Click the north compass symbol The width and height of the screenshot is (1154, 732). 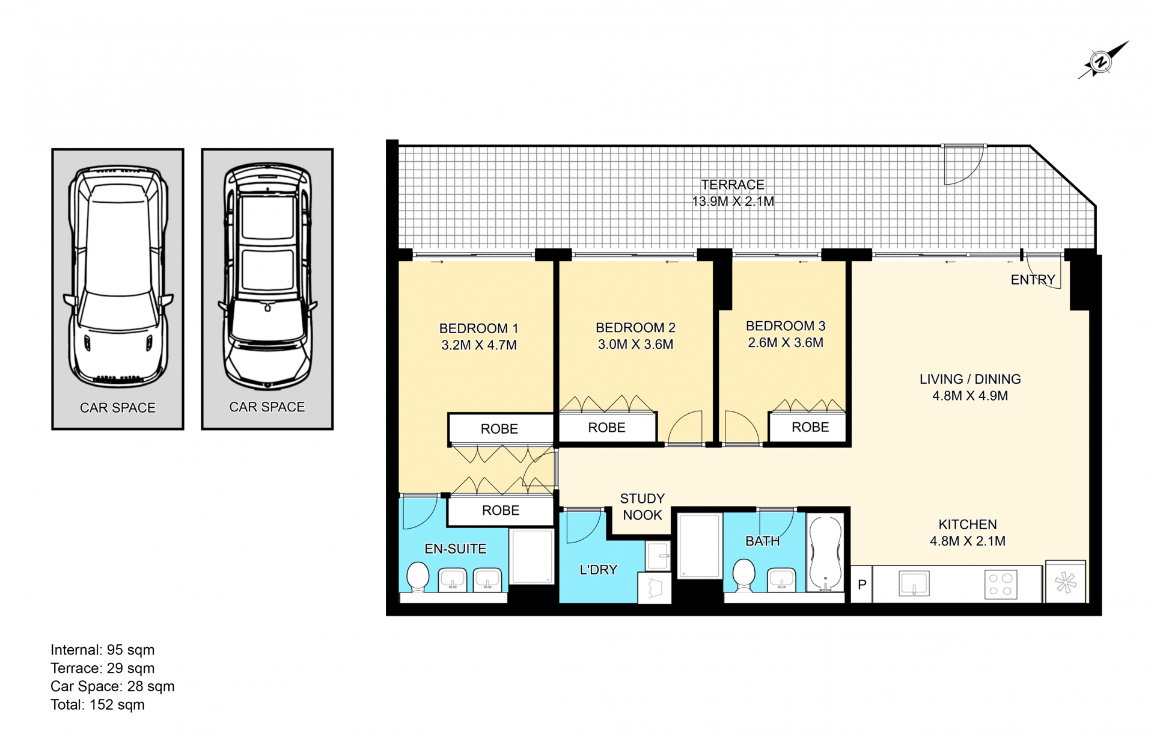click(x=1101, y=61)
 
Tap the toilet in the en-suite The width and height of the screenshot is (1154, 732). click(x=418, y=577)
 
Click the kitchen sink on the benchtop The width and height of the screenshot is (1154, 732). click(x=914, y=583)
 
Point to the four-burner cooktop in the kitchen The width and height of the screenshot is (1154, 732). click(x=1001, y=584)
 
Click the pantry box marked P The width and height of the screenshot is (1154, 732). click(x=862, y=584)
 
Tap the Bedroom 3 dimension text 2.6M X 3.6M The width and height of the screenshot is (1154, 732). click(x=786, y=343)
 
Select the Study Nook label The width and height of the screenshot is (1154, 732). click(x=643, y=506)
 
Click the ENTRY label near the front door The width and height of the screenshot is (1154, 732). click(x=1033, y=280)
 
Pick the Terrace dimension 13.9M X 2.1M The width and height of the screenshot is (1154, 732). click(x=733, y=201)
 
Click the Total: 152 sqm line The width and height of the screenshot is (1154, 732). click(x=97, y=704)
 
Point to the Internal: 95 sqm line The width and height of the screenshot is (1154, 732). click(x=103, y=650)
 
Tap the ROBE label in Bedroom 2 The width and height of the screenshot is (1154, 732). click(x=606, y=428)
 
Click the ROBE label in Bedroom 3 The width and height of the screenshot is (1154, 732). click(x=810, y=427)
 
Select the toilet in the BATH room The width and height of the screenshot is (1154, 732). click(x=744, y=575)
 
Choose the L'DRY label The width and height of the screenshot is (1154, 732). click(x=598, y=570)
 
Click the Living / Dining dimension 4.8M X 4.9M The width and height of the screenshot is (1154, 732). click(x=970, y=396)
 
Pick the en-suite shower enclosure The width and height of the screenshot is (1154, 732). click(x=532, y=556)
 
